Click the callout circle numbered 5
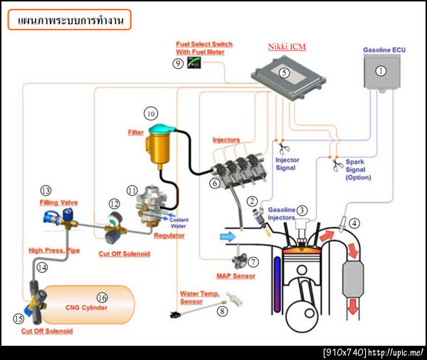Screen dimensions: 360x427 (x=283, y=72)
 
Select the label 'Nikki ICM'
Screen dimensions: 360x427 (x=286, y=47)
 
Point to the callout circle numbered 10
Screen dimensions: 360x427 (x=150, y=113)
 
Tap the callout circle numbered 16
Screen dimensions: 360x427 (x=102, y=297)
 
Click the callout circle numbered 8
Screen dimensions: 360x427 (x=223, y=310)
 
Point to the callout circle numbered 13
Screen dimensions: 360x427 (x=46, y=191)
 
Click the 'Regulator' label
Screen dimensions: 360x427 (x=170, y=235)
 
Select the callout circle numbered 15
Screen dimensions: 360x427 (x=19, y=318)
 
